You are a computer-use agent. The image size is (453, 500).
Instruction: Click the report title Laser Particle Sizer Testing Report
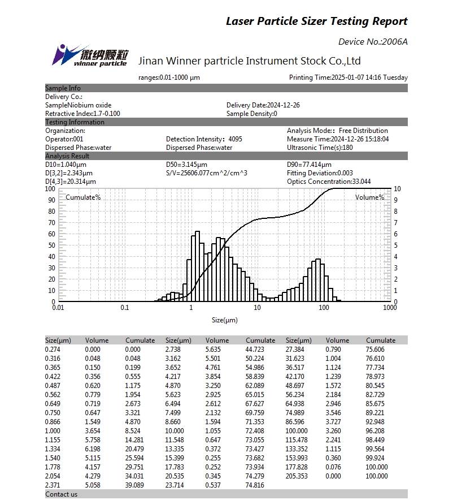316,21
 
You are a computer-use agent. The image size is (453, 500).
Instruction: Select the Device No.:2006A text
372,41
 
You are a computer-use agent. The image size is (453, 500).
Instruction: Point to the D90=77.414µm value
309,165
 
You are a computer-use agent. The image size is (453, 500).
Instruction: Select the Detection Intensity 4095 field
204,139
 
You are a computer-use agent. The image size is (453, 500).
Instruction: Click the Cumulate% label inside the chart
83,197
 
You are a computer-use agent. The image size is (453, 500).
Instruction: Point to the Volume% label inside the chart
369,197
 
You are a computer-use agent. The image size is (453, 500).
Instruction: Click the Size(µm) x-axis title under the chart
224,320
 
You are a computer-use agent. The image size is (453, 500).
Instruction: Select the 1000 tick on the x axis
390,308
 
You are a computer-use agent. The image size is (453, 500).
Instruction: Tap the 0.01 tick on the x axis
58,308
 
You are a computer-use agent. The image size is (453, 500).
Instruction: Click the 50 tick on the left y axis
51,245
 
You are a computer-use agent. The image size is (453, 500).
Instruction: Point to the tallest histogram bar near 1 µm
198,266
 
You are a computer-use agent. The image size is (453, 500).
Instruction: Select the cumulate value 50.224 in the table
256,359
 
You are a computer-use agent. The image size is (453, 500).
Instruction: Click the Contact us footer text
61,494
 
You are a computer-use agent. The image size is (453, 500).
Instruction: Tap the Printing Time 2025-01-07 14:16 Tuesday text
348,77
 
